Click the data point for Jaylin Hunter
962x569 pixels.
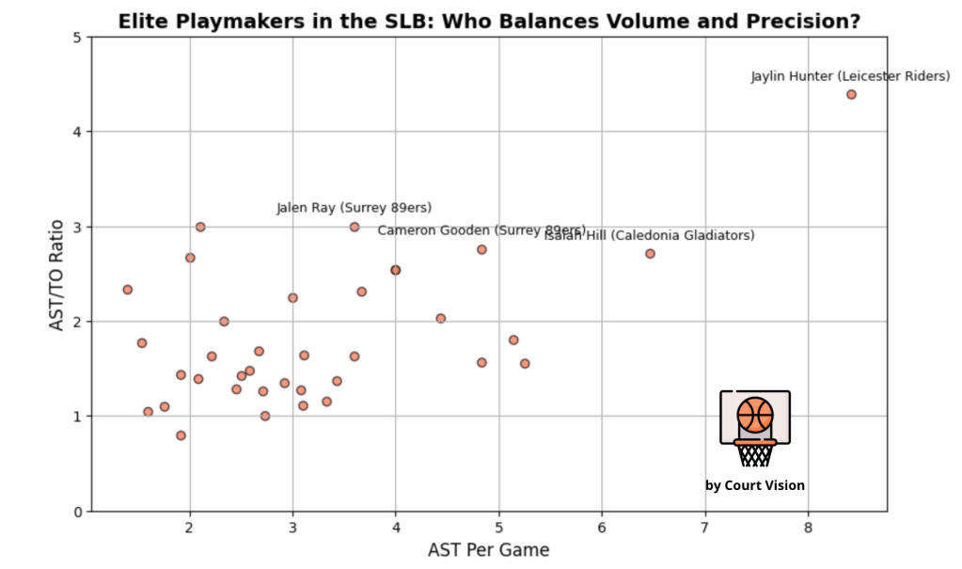click(x=851, y=94)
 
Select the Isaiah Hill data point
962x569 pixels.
click(x=650, y=254)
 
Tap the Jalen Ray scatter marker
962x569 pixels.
click(x=355, y=227)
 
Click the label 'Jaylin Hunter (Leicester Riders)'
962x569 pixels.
click(x=850, y=76)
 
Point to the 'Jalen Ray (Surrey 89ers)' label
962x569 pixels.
click(x=354, y=208)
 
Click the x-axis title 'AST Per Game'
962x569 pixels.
click(x=488, y=549)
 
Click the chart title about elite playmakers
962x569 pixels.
click(x=488, y=21)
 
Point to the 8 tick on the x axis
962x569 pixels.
click(x=808, y=527)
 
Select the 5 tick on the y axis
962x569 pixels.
click(x=79, y=37)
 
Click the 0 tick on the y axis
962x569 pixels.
click(x=79, y=512)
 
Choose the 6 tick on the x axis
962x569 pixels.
click(x=602, y=527)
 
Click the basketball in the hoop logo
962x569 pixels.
click(x=755, y=415)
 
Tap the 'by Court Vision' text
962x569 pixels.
click(x=755, y=485)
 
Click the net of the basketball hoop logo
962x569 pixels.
click(x=755, y=455)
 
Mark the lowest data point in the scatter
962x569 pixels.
click(x=181, y=435)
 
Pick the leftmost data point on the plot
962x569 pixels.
click(x=128, y=290)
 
